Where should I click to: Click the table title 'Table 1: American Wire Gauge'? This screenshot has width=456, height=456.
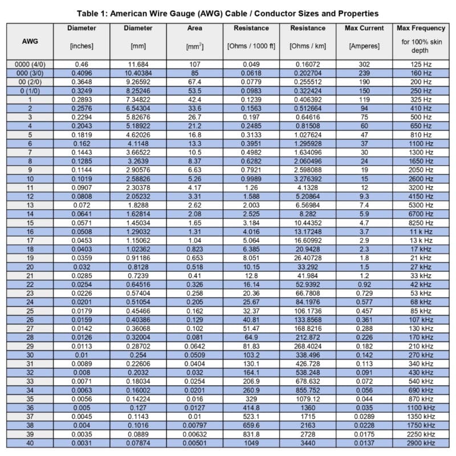click(228, 13)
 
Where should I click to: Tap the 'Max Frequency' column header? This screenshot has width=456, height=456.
click(421, 28)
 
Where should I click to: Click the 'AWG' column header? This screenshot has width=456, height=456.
click(30, 41)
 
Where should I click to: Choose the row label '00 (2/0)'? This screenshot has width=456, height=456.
click(30, 82)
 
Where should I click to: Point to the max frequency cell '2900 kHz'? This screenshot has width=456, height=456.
click(421, 443)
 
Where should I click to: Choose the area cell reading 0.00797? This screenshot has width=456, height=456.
click(195, 426)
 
